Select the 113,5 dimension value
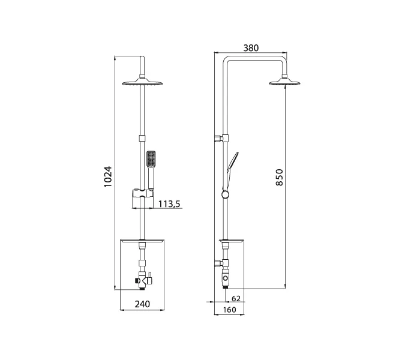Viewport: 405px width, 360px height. [x=170, y=204]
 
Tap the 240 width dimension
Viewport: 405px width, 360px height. [x=142, y=304]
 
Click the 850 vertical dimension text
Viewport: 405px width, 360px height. [x=280, y=178]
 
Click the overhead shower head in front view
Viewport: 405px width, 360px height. [x=142, y=83]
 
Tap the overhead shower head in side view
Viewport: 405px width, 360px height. [x=284, y=82]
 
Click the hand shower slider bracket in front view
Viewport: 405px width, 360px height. [x=142, y=194]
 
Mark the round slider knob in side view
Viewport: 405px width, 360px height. [x=225, y=195]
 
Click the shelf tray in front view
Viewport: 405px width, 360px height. [x=142, y=241]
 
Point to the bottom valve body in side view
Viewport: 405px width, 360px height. [x=225, y=279]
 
